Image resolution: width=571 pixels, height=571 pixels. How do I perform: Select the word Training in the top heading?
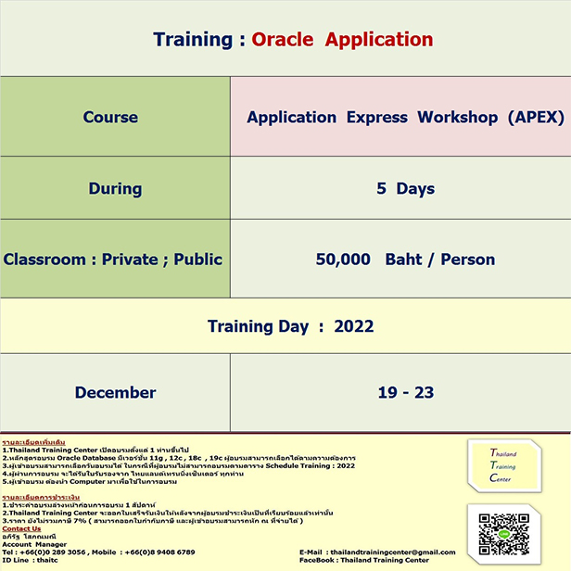pyautogui.click(x=192, y=39)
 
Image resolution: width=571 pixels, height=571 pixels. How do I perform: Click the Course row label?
pyautogui.click(x=110, y=118)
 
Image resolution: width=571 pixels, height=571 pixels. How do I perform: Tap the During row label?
pyautogui.click(x=115, y=189)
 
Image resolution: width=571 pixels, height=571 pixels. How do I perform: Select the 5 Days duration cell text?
pyautogui.click(x=405, y=189)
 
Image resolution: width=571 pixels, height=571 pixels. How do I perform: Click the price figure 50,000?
pyautogui.click(x=343, y=260)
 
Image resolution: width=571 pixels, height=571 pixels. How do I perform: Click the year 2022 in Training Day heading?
pyautogui.click(x=353, y=326)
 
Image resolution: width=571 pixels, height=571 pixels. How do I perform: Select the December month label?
pyautogui.click(x=115, y=393)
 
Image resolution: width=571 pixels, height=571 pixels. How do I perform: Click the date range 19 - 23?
pyautogui.click(x=405, y=393)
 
